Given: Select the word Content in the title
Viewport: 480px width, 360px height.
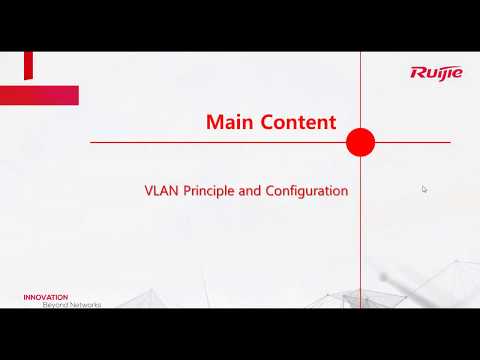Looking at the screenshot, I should coord(296,122).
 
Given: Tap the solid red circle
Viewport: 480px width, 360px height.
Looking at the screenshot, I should coord(360,142).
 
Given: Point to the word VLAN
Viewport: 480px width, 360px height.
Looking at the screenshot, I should coord(161,190).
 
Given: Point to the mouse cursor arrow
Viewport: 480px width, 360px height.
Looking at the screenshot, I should coord(424,188).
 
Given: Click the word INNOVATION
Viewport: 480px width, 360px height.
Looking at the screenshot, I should coord(46,297).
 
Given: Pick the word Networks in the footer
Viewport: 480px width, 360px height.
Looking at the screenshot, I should coord(86,304).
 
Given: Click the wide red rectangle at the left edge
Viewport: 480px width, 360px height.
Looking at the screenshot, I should coord(39,95).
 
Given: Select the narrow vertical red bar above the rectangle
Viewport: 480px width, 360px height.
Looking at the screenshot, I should coord(28,66).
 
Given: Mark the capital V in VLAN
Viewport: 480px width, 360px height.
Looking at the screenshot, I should coord(149,190).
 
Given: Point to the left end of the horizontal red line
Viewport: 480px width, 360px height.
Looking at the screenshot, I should coord(91,142).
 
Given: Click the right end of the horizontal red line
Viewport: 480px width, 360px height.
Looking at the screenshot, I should coord(449,142).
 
